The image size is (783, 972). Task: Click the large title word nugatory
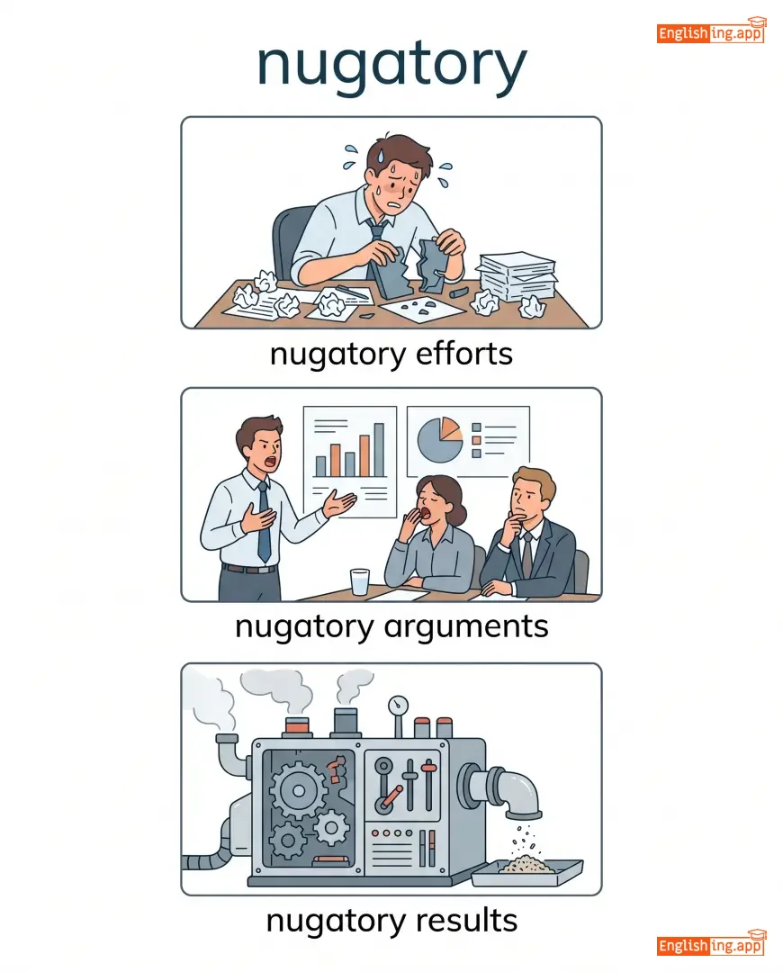(x=391, y=65)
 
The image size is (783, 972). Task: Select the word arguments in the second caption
(x=466, y=627)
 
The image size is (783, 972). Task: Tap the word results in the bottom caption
(x=466, y=921)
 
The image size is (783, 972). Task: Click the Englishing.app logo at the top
(x=711, y=31)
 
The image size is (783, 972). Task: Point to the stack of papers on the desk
(x=516, y=276)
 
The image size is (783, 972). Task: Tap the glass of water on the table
(x=360, y=582)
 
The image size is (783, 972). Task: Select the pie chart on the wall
(x=439, y=440)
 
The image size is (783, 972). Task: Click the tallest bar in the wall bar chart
(x=379, y=450)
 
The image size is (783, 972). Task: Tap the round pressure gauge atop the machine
(x=398, y=705)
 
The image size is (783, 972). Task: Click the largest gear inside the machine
(x=299, y=790)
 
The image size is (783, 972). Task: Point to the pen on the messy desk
(x=350, y=292)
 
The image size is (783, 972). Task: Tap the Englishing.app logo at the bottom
(x=711, y=944)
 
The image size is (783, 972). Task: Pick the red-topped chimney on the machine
(x=297, y=726)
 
